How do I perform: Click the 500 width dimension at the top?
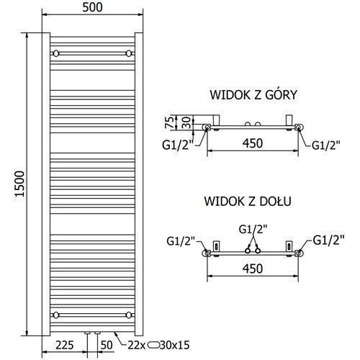pos(92,7)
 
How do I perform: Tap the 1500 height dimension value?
pos(19,184)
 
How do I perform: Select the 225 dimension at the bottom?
pos(65,345)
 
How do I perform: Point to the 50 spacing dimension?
pos(107,345)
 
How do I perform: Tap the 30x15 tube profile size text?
pos(174,345)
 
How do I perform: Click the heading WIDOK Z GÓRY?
pos(253,94)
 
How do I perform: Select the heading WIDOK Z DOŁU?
pos(248,201)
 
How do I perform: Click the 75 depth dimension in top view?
pos(169,122)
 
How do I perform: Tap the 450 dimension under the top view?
pos(253,143)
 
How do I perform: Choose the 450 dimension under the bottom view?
pos(253,269)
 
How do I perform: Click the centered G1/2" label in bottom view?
pos(253,230)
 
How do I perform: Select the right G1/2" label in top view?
pos(326,145)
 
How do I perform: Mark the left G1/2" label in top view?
pos(178,145)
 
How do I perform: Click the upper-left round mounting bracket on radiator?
pos(56,53)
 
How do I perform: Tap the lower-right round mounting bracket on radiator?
pos(129,315)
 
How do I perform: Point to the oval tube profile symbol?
pos(153,345)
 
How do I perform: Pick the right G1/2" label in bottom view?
pos(329,240)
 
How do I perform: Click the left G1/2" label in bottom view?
pos(181,241)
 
